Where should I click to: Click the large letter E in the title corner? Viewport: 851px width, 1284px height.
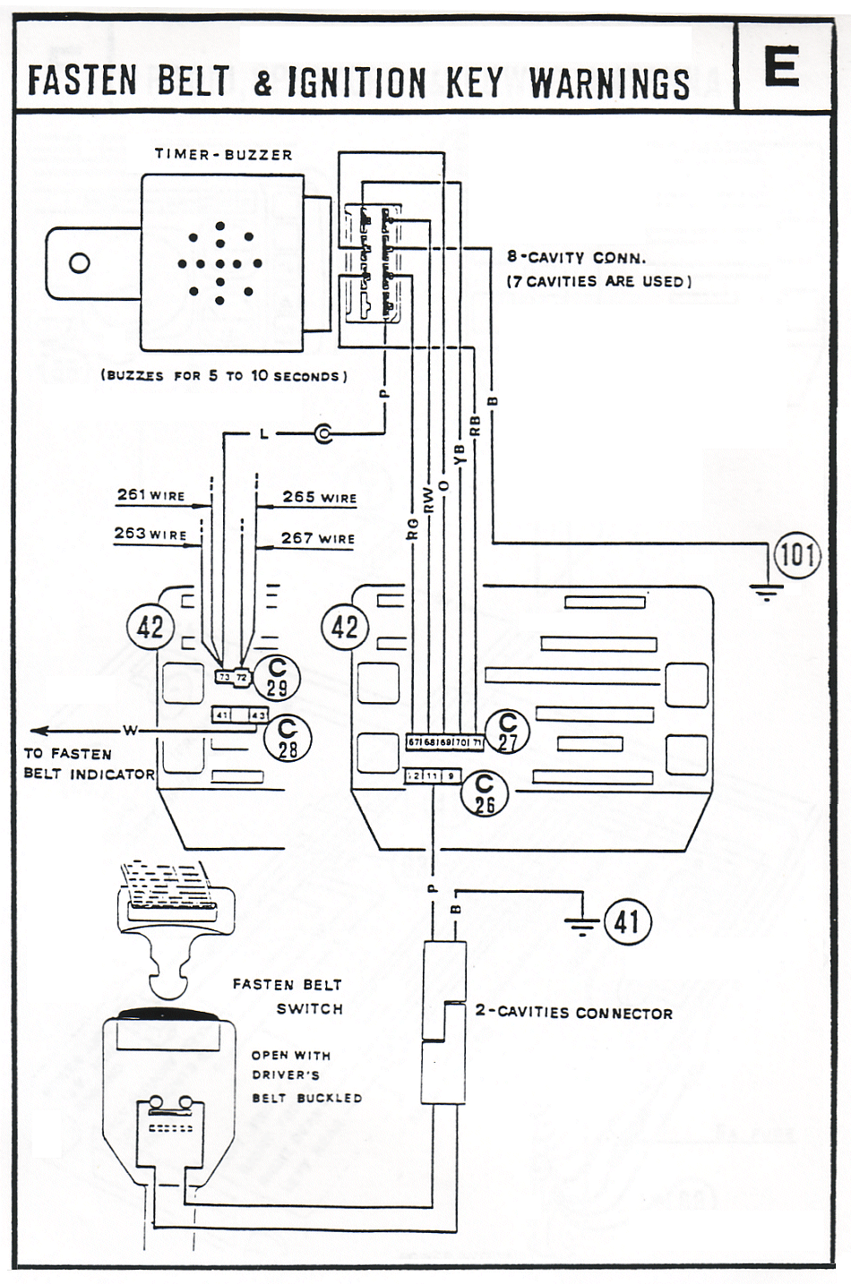coord(781,67)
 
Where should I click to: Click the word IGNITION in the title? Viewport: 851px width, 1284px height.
coord(357,83)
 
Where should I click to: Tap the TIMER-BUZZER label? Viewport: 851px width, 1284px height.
coord(223,154)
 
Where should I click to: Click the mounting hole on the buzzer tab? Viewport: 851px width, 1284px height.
coord(80,263)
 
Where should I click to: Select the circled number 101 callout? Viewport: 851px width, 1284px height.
coord(796,555)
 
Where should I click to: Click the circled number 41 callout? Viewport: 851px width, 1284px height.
coord(627,920)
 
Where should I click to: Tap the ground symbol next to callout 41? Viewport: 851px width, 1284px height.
coord(582,925)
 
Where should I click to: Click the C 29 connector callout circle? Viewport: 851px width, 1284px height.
coord(277,677)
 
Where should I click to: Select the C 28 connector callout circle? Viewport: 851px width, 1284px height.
coord(288,739)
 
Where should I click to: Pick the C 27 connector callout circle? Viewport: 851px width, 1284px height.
coord(508,732)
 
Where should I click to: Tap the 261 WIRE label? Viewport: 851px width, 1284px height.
coord(150,494)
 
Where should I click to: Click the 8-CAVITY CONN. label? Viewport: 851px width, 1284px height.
coord(576,257)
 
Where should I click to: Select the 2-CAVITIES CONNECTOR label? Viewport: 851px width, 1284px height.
coord(573,1013)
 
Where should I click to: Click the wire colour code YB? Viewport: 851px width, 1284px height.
coord(460,454)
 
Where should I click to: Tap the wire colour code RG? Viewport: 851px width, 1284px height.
coord(412,528)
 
